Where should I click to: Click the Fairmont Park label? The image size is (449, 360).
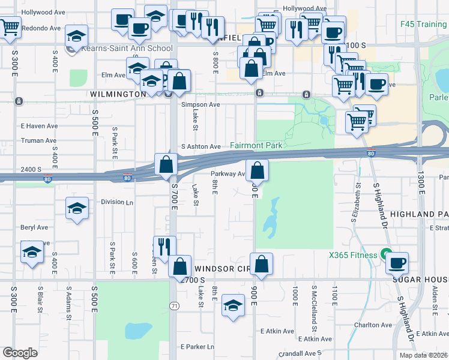click(x=256, y=146)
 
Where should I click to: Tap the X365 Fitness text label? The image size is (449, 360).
click(x=352, y=255)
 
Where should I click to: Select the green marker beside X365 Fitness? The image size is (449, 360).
click(x=387, y=255)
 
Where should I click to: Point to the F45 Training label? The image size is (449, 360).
click(x=423, y=25)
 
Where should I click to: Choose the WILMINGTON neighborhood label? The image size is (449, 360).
click(x=118, y=94)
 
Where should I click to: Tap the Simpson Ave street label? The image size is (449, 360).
click(x=200, y=104)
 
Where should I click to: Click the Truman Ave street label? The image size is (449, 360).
click(x=38, y=140)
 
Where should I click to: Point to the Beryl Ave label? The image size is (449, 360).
click(x=34, y=227)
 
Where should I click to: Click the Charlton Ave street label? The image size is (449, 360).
click(x=370, y=325)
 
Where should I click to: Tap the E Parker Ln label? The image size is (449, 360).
click(x=197, y=347)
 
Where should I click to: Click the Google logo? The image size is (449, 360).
click(x=20, y=353)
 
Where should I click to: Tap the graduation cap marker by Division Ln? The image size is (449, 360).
click(x=76, y=208)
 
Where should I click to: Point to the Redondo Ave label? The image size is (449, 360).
click(x=42, y=28)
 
